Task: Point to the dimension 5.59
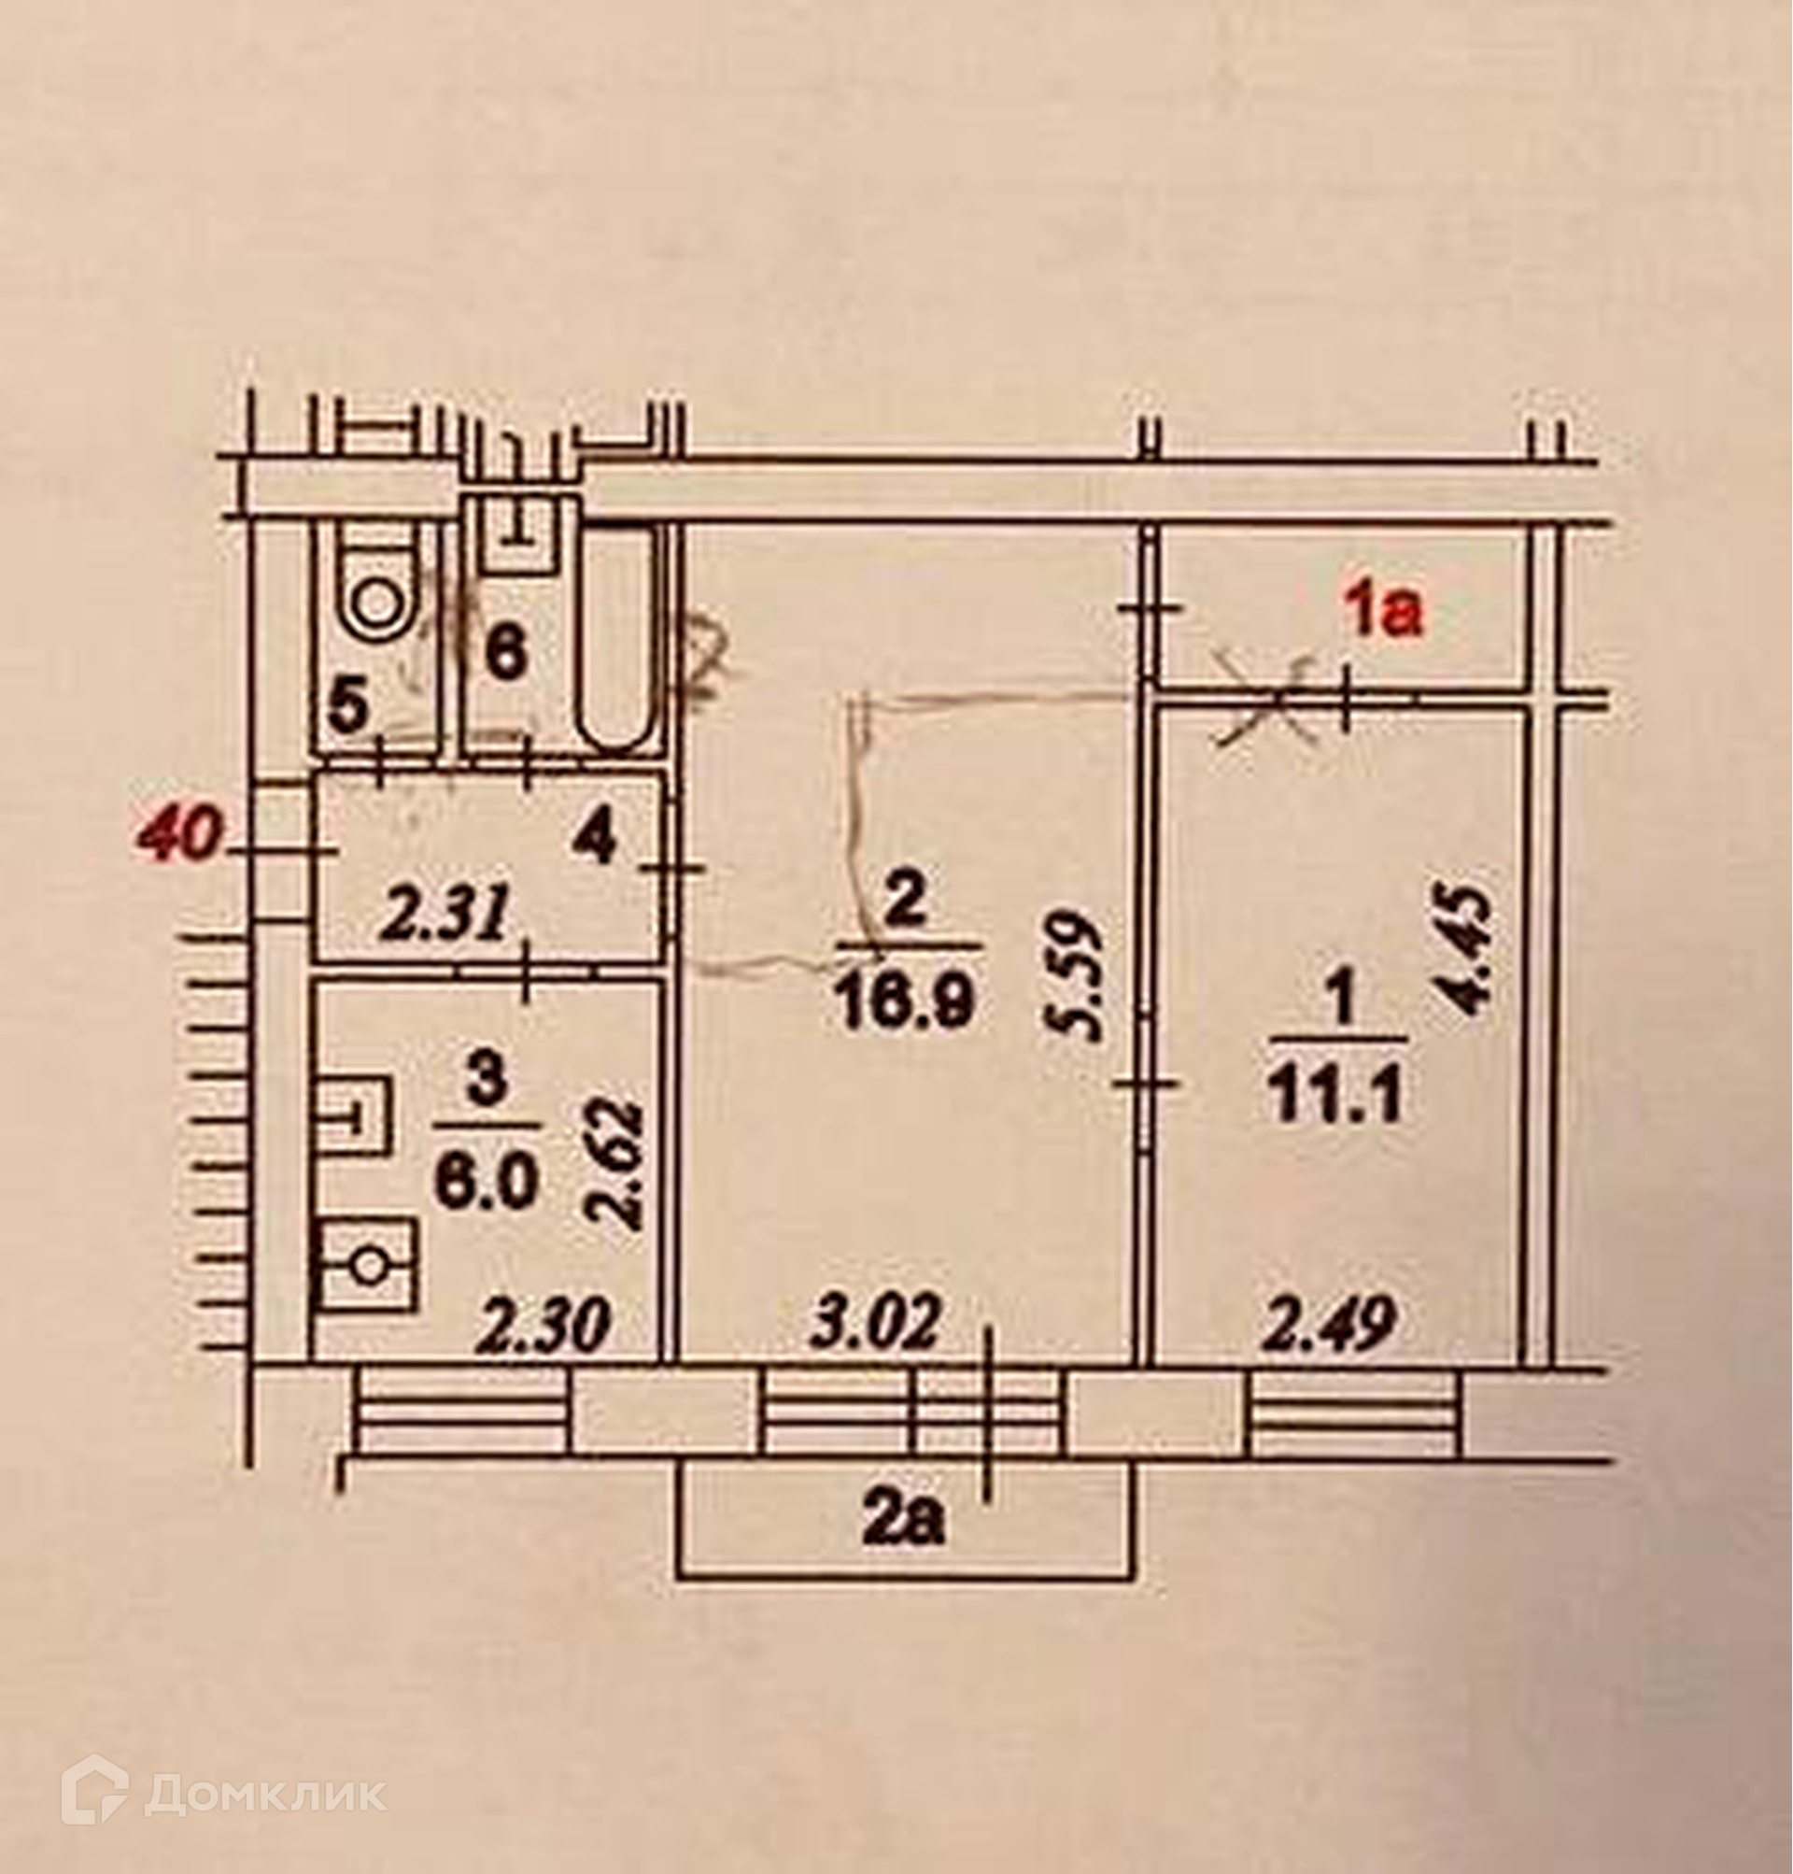(x=1088, y=978)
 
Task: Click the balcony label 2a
(x=903, y=1523)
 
